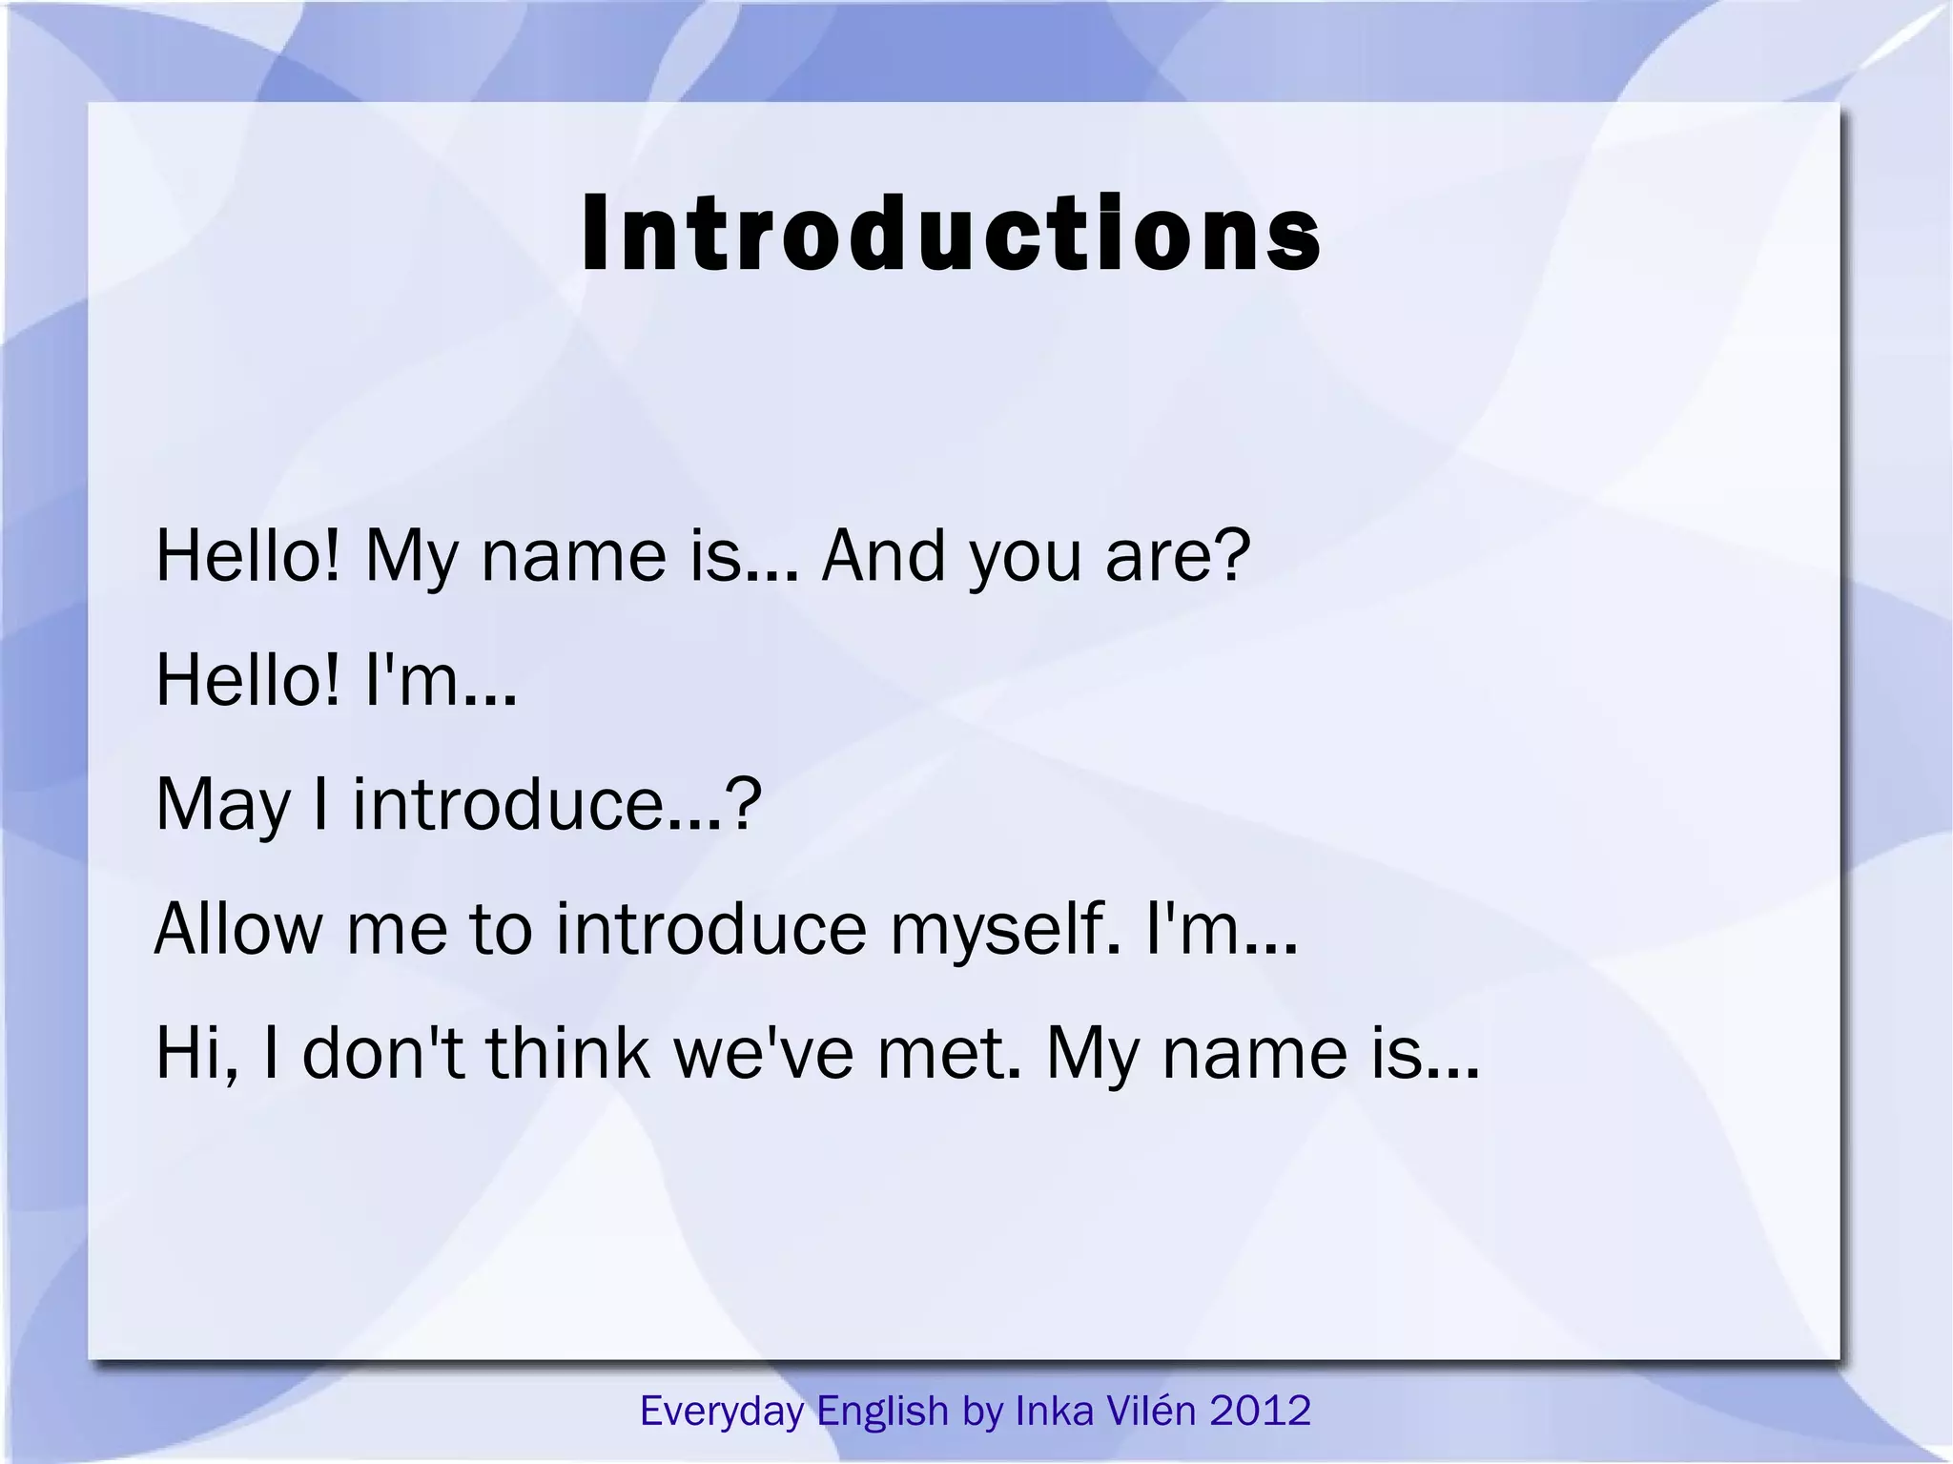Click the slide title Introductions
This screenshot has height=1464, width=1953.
pos(951,234)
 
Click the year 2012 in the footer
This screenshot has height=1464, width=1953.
pos(1261,1411)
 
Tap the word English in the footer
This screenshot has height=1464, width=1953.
pos(882,1411)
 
